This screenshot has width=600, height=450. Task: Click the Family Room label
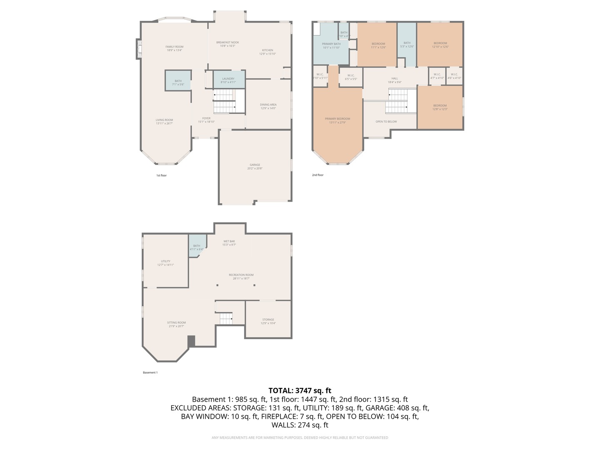pos(174,47)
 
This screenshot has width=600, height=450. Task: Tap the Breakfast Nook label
pos(227,42)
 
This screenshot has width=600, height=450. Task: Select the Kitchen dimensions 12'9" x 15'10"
pos(267,54)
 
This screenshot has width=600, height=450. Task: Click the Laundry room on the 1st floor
pos(228,80)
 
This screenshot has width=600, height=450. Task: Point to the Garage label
pos(255,165)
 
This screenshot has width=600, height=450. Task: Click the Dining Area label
pos(268,105)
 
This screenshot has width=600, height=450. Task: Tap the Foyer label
pos(206,118)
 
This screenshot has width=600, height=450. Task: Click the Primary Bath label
pos(331,44)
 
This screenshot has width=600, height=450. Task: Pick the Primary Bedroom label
pos(337,119)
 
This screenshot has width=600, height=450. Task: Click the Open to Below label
pos(386,122)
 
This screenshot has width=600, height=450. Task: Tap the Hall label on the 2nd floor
pos(395,78)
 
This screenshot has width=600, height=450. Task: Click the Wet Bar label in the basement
pos(229,241)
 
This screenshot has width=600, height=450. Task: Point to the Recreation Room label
pos(241,275)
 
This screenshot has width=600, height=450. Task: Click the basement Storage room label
pos(268,320)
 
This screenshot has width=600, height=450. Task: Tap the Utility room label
pos(165,261)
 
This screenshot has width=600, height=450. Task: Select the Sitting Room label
pos(176,322)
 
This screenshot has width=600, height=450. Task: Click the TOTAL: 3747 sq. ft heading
pos(300,390)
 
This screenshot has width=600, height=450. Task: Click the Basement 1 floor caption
pos(150,372)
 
